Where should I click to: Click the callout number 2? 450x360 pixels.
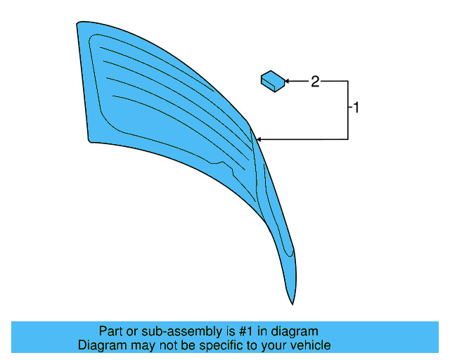pos(315,82)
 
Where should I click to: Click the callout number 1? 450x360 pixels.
pos(356,108)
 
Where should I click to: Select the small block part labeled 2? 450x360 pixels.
pos(273,81)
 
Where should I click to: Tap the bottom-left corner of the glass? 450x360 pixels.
pos(89,139)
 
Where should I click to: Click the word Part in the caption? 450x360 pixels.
pos(111,331)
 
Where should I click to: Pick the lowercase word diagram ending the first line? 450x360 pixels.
pos(295,331)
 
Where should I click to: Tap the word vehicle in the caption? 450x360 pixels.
pos(310,345)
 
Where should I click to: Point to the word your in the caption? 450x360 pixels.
pos(275,345)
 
